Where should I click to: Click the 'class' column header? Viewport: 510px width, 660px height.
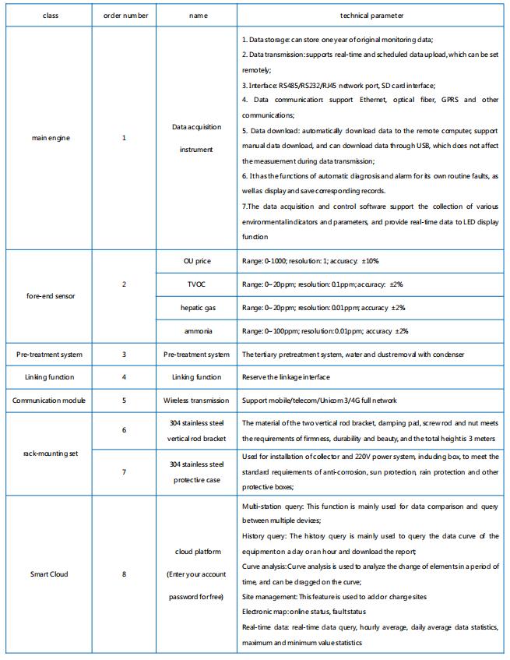point(50,16)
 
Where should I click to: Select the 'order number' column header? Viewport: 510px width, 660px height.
point(124,16)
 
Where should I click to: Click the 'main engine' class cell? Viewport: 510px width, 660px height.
point(50,138)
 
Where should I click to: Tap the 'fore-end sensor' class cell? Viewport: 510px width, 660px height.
point(50,296)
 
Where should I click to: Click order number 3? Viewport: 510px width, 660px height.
point(124,355)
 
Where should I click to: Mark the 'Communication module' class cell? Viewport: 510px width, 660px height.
point(50,401)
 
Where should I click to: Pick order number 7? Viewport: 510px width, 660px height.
point(124,472)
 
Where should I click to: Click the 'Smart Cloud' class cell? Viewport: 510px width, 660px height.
point(50,574)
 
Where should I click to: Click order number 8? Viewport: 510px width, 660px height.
point(124,574)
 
